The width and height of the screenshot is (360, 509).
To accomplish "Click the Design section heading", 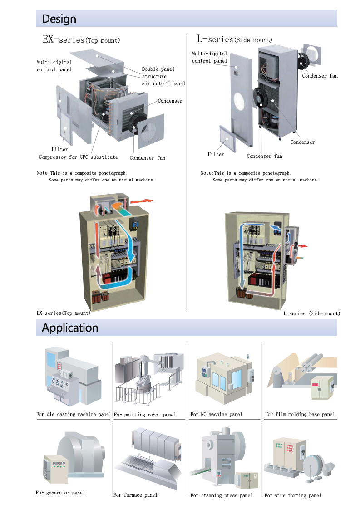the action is coord(59,19).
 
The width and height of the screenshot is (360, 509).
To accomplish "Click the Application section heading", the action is coord(70,328).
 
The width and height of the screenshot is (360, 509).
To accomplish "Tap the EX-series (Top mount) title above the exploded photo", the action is coord(81,39).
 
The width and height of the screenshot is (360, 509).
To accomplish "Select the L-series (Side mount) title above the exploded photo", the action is coord(235,39).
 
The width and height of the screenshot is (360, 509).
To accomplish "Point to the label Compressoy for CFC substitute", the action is coord(78,157).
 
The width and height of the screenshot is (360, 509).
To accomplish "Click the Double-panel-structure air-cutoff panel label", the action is coord(163,76).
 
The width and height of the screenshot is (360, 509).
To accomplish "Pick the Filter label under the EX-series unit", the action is coord(60,149).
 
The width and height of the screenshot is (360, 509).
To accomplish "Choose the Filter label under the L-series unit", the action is coord(216,155).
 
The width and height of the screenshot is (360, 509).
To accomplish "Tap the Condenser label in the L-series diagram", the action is coord(302,142).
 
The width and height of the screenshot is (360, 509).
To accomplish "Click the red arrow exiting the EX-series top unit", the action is coord(142,201).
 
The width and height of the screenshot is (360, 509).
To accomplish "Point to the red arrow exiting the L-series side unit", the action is coord(303,246).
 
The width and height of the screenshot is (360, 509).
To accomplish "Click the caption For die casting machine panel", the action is coord(74,414).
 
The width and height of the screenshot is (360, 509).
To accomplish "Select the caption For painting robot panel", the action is coord(145,415).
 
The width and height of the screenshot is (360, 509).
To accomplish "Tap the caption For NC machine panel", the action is coord(217,414).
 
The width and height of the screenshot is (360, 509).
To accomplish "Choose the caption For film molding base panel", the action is coord(300,414).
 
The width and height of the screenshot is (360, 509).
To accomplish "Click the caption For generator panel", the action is coord(60,493).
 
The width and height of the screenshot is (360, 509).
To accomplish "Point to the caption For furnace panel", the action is coord(135,495).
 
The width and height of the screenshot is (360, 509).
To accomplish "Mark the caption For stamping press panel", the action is coord(221,495).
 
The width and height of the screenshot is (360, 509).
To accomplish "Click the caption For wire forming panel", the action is coord(293,495).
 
